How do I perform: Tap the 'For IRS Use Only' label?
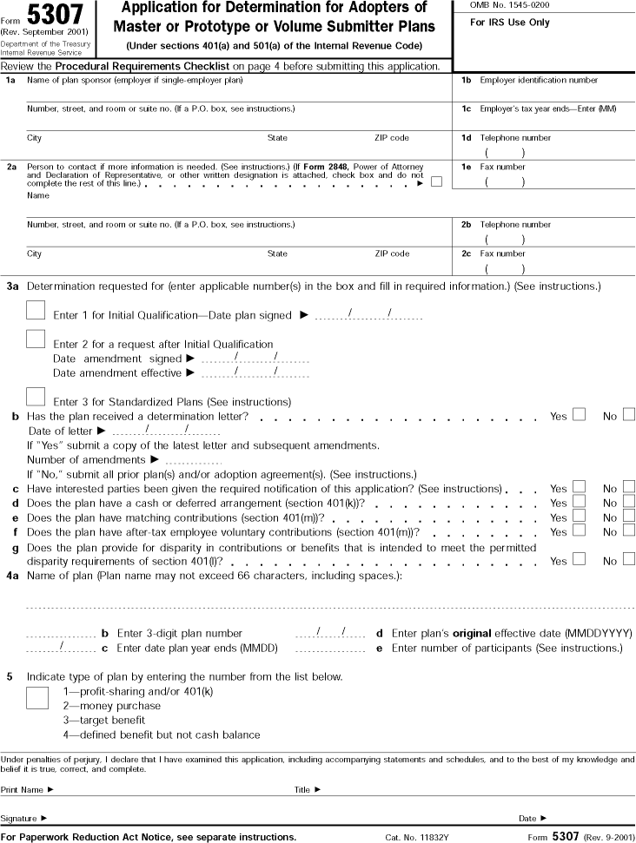point(510,23)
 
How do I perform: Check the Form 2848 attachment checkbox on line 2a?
point(436,181)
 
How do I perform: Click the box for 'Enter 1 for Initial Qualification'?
point(36,311)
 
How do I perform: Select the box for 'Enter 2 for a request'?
point(36,339)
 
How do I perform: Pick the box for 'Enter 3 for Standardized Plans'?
point(36,396)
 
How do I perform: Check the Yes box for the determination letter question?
point(579,415)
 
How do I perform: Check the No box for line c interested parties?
point(629,487)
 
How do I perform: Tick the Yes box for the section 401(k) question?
point(579,502)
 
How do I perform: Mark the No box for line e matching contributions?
point(629,517)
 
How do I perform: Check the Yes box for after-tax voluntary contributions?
point(579,530)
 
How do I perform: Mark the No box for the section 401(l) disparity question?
point(629,559)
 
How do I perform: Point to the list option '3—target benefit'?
point(103,720)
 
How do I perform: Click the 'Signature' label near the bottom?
point(23,818)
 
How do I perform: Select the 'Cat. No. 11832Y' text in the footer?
point(417,837)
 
